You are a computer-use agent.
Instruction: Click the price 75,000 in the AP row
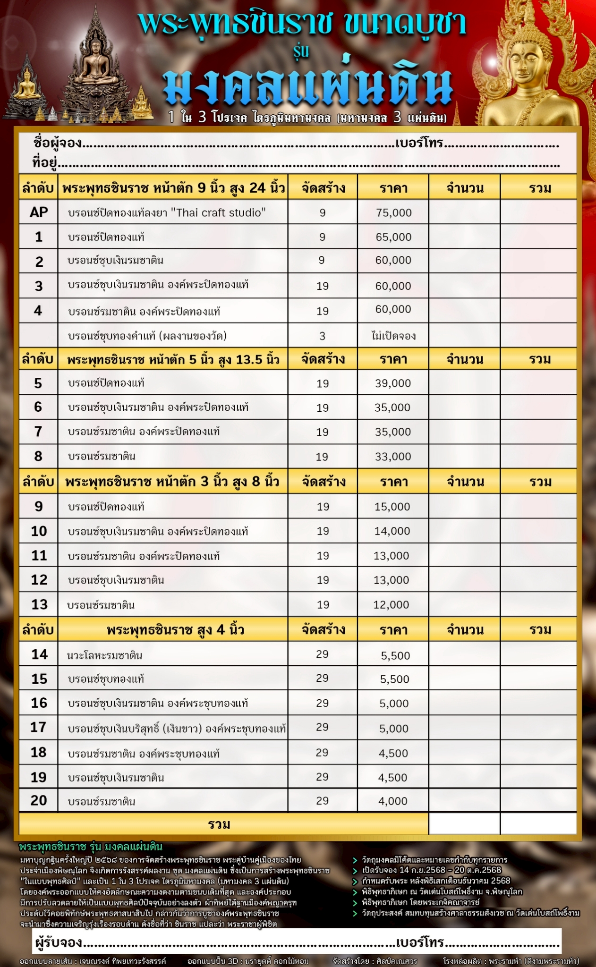coord(394,212)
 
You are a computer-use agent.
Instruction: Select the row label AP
coord(39,212)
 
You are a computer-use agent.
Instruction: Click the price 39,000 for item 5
coord(393,383)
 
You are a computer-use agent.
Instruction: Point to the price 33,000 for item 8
coord(393,457)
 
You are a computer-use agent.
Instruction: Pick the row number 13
coord(39,604)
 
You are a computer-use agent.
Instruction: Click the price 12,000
coord(391,605)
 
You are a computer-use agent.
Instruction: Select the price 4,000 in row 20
coord(393,801)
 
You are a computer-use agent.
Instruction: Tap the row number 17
coord(38,727)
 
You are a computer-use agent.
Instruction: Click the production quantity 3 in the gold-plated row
coord(322,336)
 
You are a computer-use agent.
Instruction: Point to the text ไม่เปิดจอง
coord(393,336)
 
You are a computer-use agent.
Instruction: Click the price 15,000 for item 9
coord(392,507)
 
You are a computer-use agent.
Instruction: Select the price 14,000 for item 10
coord(392,531)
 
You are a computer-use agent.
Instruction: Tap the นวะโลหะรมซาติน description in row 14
coord(105,655)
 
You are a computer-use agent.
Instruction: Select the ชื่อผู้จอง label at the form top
coord(58,143)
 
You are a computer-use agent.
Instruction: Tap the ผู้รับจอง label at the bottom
coord(59,942)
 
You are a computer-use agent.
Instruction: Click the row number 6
coord(38,407)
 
